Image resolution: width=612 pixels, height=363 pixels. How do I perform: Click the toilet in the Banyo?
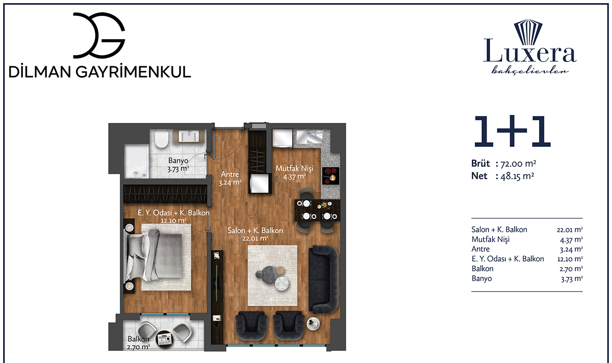pyautogui.click(x=162, y=139)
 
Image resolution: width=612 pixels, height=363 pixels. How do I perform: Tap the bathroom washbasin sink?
pyautogui.click(x=189, y=136)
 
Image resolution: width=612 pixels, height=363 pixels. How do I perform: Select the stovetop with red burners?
pyautogui.click(x=331, y=175)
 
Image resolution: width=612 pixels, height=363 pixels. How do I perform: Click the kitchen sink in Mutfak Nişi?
pyautogui.click(x=315, y=137)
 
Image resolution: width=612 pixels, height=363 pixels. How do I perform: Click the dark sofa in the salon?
pyautogui.click(x=323, y=279)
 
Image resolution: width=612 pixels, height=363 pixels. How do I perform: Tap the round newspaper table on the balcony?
pyautogui.click(x=164, y=340)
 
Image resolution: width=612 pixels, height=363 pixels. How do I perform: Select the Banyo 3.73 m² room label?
pyautogui.click(x=178, y=165)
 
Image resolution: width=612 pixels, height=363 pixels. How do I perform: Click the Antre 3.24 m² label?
pyautogui.click(x=230, y=178)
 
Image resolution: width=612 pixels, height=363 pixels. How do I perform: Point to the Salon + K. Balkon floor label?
pyautogui.click(x=255, y=234)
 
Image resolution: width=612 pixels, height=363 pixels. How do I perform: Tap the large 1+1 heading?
pyautogui.click(x=512, y=131)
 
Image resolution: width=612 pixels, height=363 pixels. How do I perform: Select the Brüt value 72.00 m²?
pyautogui.click(x=518, y=164)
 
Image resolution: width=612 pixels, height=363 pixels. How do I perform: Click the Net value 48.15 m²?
pyautogui.click(x=517, y=176)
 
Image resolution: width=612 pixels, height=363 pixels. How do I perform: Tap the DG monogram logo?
pyautogui.click(x=99, y=35)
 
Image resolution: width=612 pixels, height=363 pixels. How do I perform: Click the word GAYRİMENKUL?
pyautogui.click(x=133, y=72)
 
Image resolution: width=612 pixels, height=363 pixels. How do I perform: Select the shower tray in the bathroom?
pyautogui.click(x=137, y=162)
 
